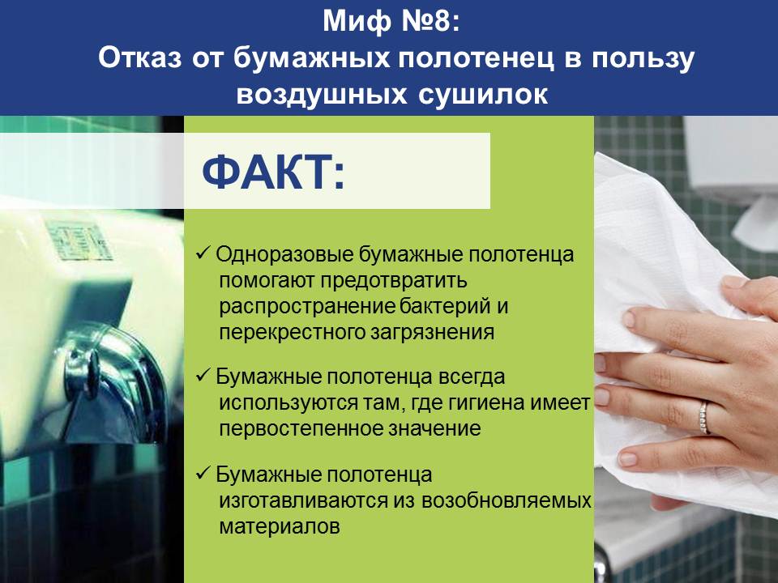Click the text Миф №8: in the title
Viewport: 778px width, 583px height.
[x=391, y=21]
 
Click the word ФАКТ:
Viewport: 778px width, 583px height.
[x=273, y=172]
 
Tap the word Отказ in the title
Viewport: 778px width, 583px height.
[x=140, y=58]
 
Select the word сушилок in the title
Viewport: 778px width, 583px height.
[x=483, y=94]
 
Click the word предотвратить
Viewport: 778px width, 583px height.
[x=394, y=281]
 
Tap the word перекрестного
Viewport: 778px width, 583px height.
[x=293, y=332]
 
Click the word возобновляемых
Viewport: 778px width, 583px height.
[x=507, y=500]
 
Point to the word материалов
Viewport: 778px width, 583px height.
[x=280, y=526]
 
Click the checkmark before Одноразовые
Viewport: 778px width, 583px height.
[x=204, y=253]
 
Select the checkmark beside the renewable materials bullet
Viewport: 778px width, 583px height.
[x=204, y=474]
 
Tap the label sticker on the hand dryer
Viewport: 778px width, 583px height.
[x=79, y=241]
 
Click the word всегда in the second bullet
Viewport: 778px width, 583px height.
[x=472, y=377]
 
